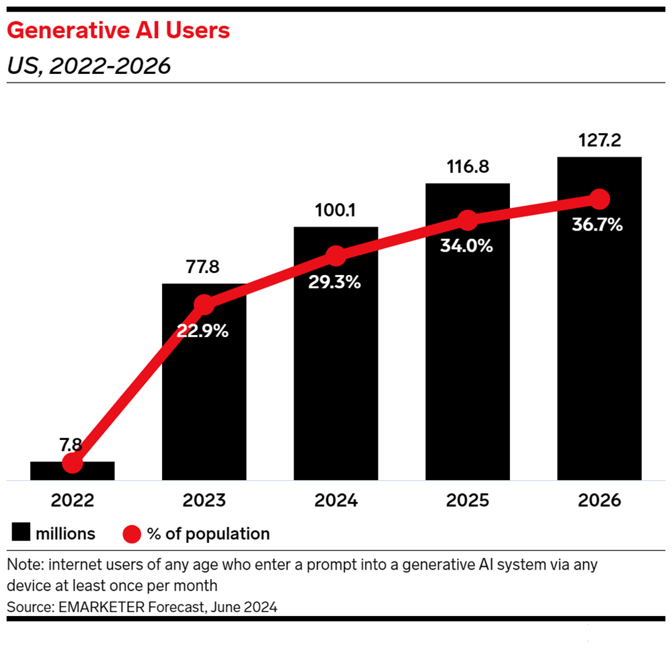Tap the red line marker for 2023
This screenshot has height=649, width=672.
point(204,305)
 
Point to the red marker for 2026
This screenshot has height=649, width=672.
point(599,199)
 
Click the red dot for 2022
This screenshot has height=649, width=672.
point(72,463)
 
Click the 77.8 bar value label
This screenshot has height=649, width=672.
point(204,267)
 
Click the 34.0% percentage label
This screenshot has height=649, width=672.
point(468,246)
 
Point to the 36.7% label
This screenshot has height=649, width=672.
point(597,225)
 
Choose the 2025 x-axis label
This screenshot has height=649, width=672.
point(468,501)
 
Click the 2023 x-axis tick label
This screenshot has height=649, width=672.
point(204,501)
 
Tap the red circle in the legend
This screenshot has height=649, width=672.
point(132,534)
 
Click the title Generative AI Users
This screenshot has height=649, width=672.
point(118,31)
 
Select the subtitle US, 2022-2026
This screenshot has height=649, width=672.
point(89,66)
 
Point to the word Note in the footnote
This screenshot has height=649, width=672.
point(21,564)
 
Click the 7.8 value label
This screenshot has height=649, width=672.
point(72,445)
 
